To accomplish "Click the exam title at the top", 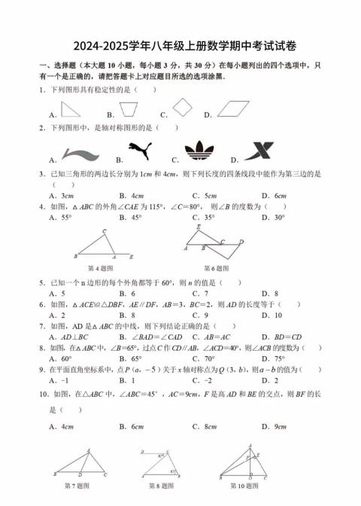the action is tap(180, 45).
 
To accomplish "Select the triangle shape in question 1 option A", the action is tap(71, 110).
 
